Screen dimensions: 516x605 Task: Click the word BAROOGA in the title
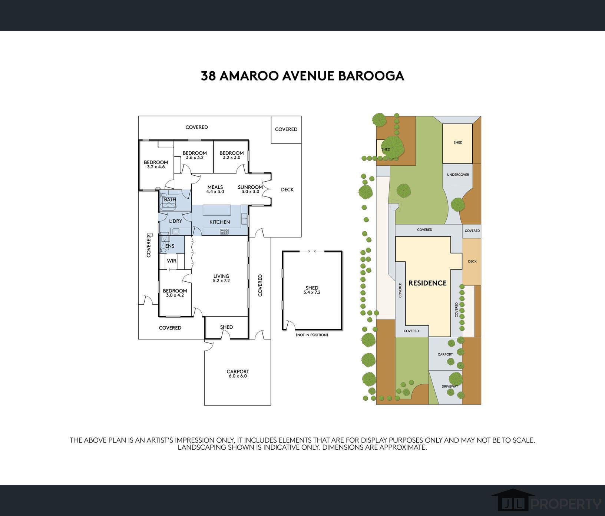370,76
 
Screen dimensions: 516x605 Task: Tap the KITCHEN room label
219,222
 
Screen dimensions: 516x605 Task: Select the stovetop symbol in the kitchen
224,232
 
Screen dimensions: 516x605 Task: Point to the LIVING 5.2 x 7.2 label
221,278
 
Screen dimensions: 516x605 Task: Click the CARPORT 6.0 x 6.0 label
238,374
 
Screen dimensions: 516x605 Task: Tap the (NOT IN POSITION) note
312,335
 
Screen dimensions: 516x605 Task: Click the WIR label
172,261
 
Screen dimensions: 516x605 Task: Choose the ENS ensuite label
170,246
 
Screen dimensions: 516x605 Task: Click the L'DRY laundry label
175,221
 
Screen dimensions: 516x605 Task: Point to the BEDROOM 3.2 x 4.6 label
156,164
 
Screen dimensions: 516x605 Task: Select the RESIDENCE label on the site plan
427,283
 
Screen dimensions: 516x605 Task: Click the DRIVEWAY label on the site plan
449,386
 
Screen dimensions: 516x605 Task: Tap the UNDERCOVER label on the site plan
458,175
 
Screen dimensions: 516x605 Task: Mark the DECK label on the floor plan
287,190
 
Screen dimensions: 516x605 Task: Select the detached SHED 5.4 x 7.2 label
312,290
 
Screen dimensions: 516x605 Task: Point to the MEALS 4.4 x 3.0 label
215,189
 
